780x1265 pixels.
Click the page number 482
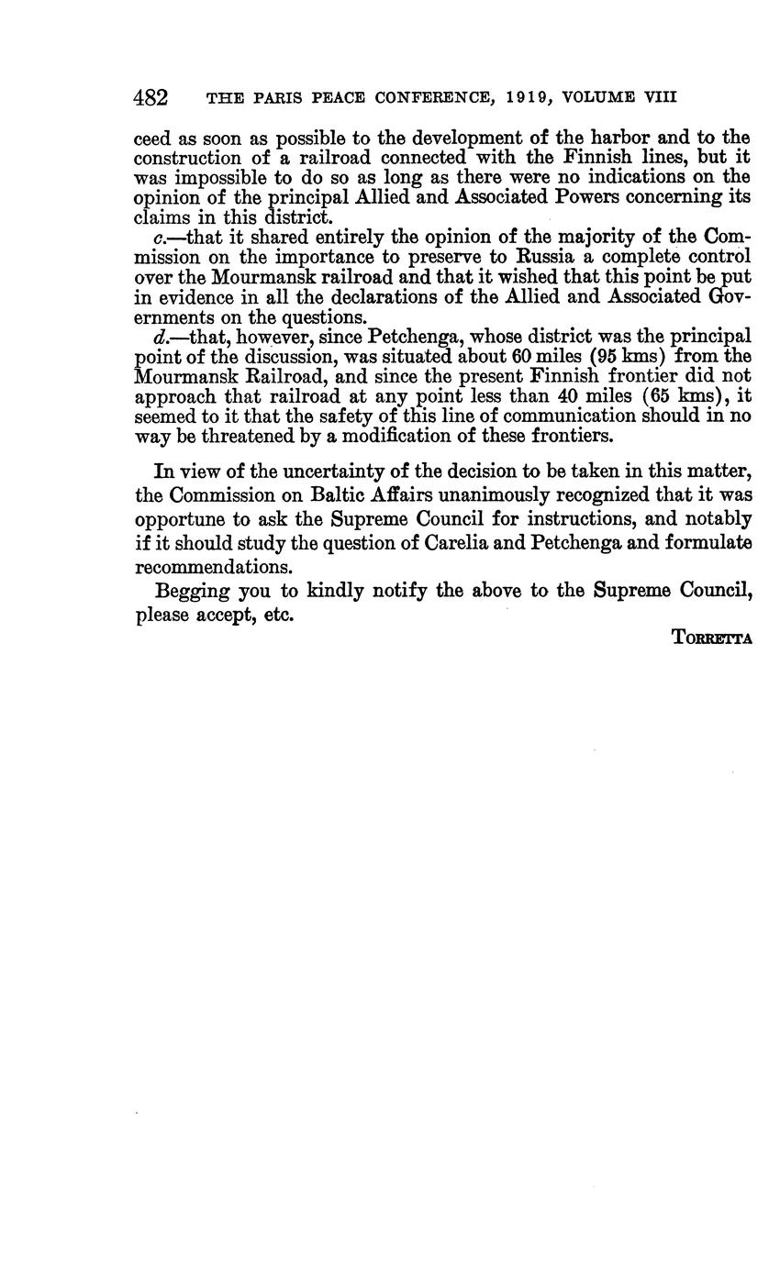point(150,97)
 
